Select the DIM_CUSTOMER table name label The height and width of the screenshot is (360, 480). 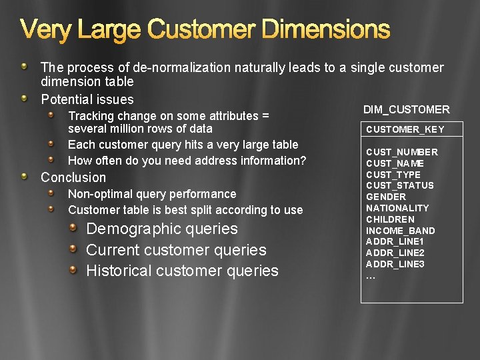406,109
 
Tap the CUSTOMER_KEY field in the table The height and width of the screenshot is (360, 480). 405,129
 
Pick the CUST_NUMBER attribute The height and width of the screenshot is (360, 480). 401,152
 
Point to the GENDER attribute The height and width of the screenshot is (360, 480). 385,197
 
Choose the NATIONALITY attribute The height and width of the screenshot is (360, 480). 397,208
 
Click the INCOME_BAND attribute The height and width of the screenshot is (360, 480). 400,231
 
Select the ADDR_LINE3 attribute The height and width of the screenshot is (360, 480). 395,264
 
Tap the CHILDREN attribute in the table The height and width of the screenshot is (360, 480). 390,219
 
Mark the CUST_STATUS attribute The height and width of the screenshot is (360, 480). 399,185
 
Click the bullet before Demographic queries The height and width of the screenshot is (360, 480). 75,228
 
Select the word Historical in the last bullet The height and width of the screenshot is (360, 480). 117,271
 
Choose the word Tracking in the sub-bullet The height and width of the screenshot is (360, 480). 90,116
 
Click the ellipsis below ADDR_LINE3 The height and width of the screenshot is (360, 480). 371,276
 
